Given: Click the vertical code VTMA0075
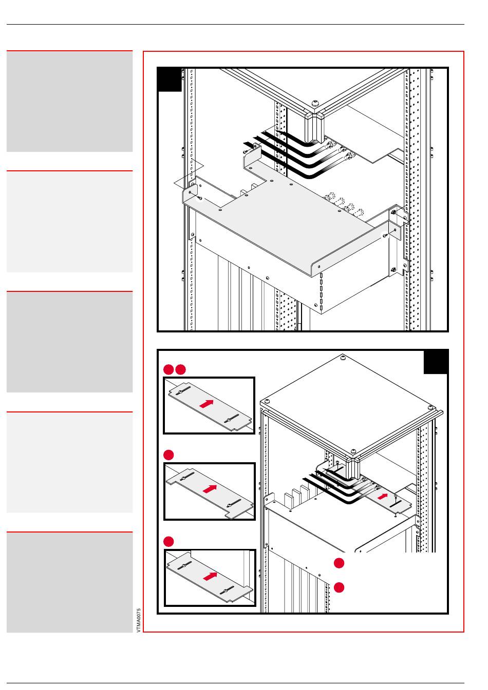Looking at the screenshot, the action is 139,620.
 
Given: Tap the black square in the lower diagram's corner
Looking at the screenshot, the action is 436,362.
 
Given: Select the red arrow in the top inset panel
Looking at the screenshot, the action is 207,404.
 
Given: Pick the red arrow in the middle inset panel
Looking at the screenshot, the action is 210,489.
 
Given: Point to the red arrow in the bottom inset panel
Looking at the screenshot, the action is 210,576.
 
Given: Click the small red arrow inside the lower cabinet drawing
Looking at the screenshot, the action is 383,496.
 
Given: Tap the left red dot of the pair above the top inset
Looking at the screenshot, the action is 168,369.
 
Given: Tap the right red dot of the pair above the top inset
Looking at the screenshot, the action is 180,369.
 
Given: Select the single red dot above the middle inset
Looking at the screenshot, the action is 168,455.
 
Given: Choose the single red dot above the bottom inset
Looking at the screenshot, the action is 168,542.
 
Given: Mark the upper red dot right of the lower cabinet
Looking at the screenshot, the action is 339,563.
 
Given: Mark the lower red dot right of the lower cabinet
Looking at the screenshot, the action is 339,587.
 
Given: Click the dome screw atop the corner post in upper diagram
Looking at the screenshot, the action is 315,103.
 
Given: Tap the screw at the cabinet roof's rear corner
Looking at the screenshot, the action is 343,358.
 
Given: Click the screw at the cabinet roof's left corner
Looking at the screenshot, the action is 267,401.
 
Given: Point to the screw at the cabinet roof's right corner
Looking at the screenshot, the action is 431,408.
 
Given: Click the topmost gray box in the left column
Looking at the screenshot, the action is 70,102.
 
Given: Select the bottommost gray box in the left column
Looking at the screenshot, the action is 70,582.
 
